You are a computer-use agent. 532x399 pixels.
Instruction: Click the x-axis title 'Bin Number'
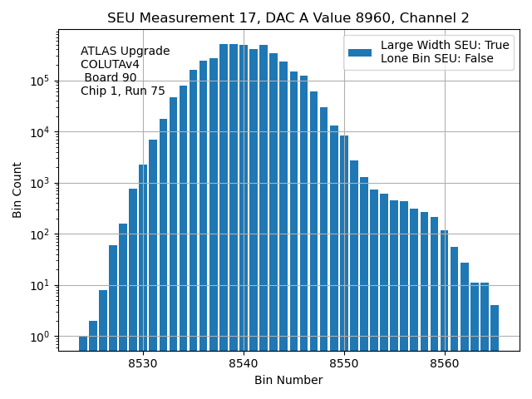pos(288,381)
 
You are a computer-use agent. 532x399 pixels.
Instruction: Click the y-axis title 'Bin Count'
pos(17,190)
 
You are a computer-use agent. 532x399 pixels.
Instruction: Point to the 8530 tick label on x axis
pos(143,363)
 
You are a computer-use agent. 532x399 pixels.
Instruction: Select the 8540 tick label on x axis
pos(244,363)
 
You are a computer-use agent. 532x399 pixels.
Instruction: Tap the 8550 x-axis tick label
pos(344,363)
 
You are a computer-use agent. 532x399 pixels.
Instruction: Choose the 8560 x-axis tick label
pos(445,363)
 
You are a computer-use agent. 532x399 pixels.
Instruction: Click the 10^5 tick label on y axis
pos(39,81)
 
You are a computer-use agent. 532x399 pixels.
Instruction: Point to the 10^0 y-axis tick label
pos(39,337)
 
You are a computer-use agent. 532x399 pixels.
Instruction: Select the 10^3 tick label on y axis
pos(39,184)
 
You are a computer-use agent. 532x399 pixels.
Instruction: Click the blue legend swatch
pos(360,52)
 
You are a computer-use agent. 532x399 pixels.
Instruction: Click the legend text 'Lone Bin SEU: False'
pos(437,58)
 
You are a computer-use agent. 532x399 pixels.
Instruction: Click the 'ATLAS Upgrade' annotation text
pos(126,52)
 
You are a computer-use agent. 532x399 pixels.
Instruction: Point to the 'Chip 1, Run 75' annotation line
pos(123,91)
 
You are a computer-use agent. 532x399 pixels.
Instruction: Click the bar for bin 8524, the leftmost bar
pos(83,343)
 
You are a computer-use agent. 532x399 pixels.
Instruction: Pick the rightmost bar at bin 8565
pos(495,328)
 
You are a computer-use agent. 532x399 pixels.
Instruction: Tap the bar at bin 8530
pos(143,258)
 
